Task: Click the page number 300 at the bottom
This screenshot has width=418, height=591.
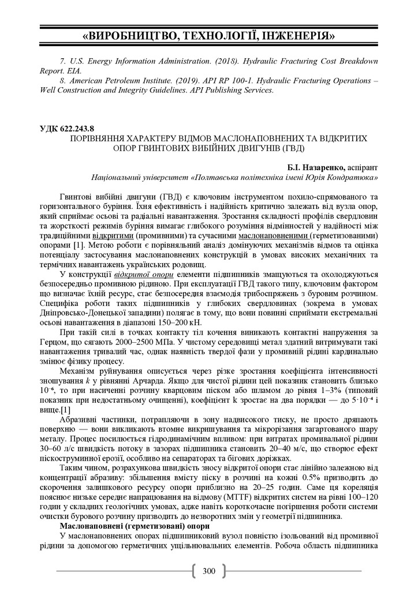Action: click(208, 571)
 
